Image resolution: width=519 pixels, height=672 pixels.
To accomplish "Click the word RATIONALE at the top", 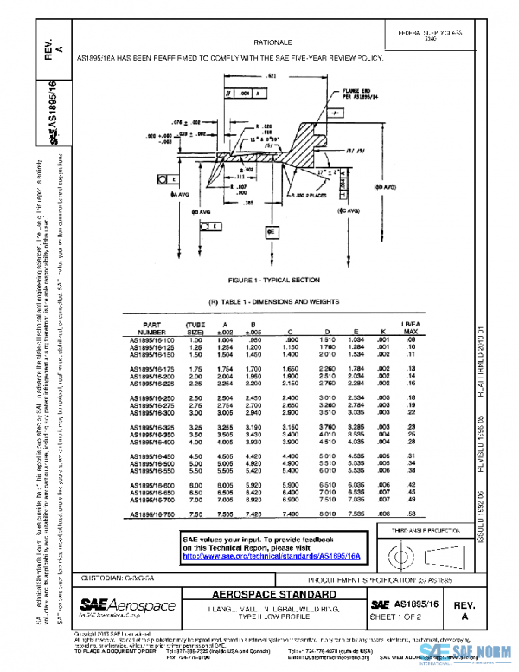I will coord(272,42).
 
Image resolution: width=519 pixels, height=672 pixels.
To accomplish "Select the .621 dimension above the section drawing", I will coord(271,77).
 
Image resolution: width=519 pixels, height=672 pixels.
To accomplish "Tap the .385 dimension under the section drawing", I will coord(248,203).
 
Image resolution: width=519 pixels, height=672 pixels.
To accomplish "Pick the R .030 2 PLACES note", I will coord(292,197).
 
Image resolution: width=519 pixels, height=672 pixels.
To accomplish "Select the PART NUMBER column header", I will coord(151,327).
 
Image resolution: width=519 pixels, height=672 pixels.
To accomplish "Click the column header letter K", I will coord(381,331).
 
